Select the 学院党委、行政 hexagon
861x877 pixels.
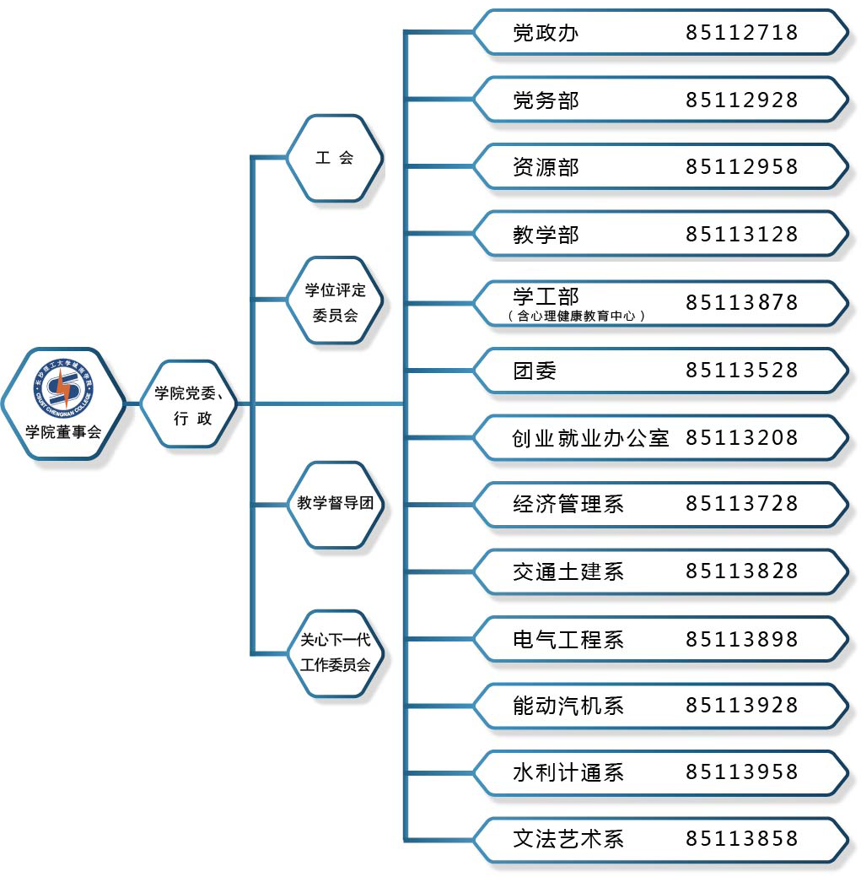click(x=188, y=404)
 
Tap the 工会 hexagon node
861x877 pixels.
click(x=335, y=158)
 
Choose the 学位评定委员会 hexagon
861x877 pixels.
click(x=335, y=301)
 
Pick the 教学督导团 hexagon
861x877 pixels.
click(x=335, y=504)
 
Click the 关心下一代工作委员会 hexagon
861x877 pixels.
click(x=335, y=652)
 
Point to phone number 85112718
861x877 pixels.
click(x=741, y=33)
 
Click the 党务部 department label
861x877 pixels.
click(x=546, y=100)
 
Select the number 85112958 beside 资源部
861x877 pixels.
click(x=741, y=166)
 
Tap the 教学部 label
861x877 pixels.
click(x=546, y=234)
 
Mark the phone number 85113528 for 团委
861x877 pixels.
click(x=741, y=370)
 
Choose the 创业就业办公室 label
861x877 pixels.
click(x=590, y=437)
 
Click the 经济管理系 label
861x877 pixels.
click(x=568, y=504)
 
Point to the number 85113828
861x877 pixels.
click(x=741, y=571)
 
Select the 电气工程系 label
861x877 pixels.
click(x=568, y=639)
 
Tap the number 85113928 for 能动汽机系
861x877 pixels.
click(x=741, y=705)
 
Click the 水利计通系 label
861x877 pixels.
click(x=568, y=772)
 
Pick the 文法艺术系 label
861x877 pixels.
click(x=568, y=839)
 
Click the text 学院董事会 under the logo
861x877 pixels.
click(x=63, y=432)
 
